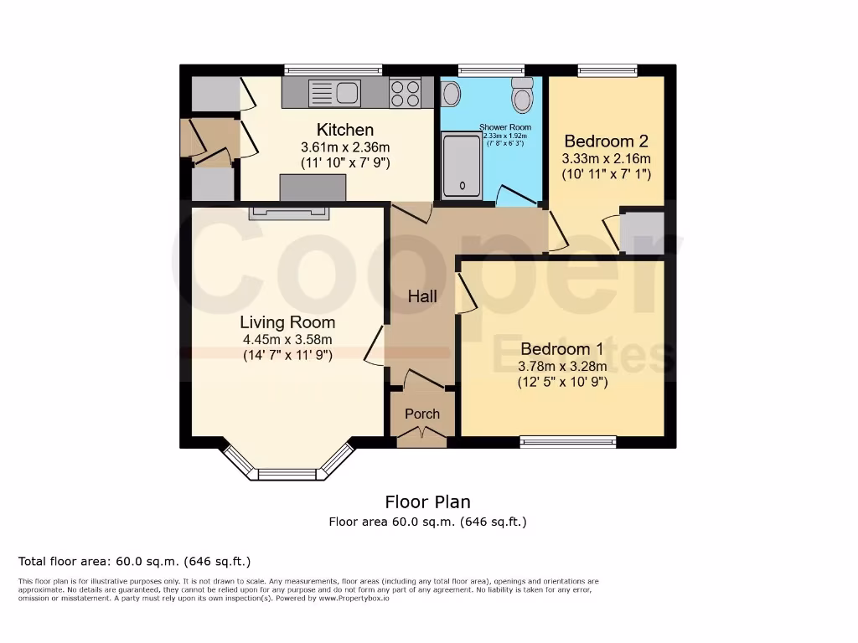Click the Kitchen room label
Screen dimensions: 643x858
click(x=344, y=130)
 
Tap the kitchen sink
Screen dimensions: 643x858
click(x=334, y=92)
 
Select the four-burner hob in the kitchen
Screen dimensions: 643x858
click(x=405, y=92)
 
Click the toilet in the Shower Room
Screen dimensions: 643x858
click(x=523, y=97)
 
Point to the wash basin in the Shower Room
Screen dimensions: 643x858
click(x=451, y=94)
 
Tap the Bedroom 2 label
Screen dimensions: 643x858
click(x=606, y=141)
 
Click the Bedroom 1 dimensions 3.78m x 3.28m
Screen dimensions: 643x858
click(x=562, y=366)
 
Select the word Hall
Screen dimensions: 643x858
click(x=422, y=296)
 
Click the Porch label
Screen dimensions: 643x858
click(x=422, y=414)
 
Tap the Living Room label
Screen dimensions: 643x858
click(x=287, y=322)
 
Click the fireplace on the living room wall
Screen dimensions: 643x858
click(x=288, y=213)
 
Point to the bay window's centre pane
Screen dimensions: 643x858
click(x=287, y=474)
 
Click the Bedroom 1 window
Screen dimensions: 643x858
click(x=567, y=441)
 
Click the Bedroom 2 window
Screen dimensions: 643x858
click(x=607, y=70)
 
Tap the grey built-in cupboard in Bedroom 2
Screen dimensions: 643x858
click(x=643, y=233)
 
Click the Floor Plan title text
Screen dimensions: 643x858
click(x=427, y=502)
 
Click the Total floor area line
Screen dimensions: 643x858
click(x=134, y=561)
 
